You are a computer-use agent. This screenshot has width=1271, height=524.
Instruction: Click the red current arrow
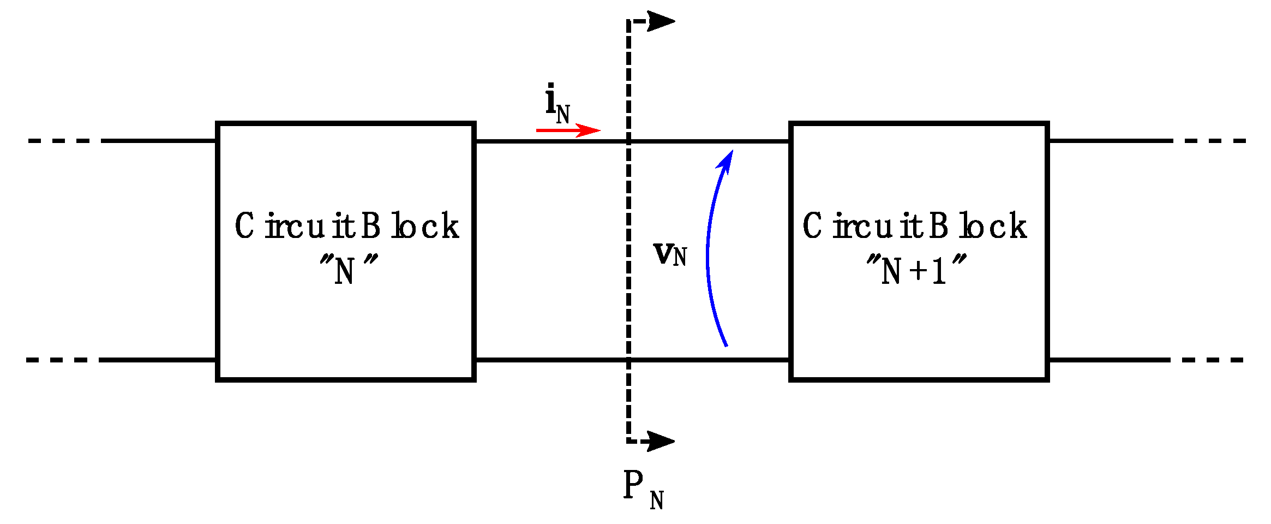(x=567, y=130)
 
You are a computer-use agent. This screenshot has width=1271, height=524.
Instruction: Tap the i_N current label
(x=557, y=104)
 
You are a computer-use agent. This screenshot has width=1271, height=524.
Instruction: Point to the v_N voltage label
(x=670, y=254)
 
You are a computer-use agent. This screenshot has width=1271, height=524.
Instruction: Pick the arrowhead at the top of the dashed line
(x=661, y=21)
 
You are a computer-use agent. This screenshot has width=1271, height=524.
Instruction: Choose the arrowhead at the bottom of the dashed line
(x=661, y=441)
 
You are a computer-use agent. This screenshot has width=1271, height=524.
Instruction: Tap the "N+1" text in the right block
(x=915, y=270)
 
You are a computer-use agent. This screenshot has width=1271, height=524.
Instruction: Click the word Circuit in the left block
(x=295, y=226)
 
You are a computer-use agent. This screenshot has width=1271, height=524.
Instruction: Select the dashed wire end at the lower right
(x=1208, y=360)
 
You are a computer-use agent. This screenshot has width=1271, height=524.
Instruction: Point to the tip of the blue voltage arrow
(x=732, y=152)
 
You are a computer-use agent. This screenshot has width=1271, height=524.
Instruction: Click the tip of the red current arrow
(x=599, y=130)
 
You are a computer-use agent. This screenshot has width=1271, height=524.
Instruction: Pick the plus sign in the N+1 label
(x=919, y=271)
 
